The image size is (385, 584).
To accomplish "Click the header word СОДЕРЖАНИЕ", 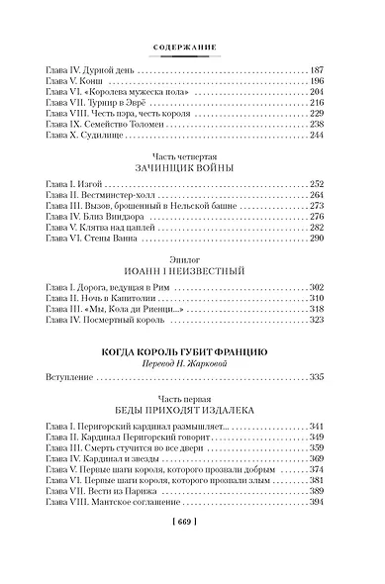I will (x=193, y=45).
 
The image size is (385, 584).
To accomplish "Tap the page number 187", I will (x=318, y=73).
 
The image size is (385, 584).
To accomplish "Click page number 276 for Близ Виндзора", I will (x=318, y=219).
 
